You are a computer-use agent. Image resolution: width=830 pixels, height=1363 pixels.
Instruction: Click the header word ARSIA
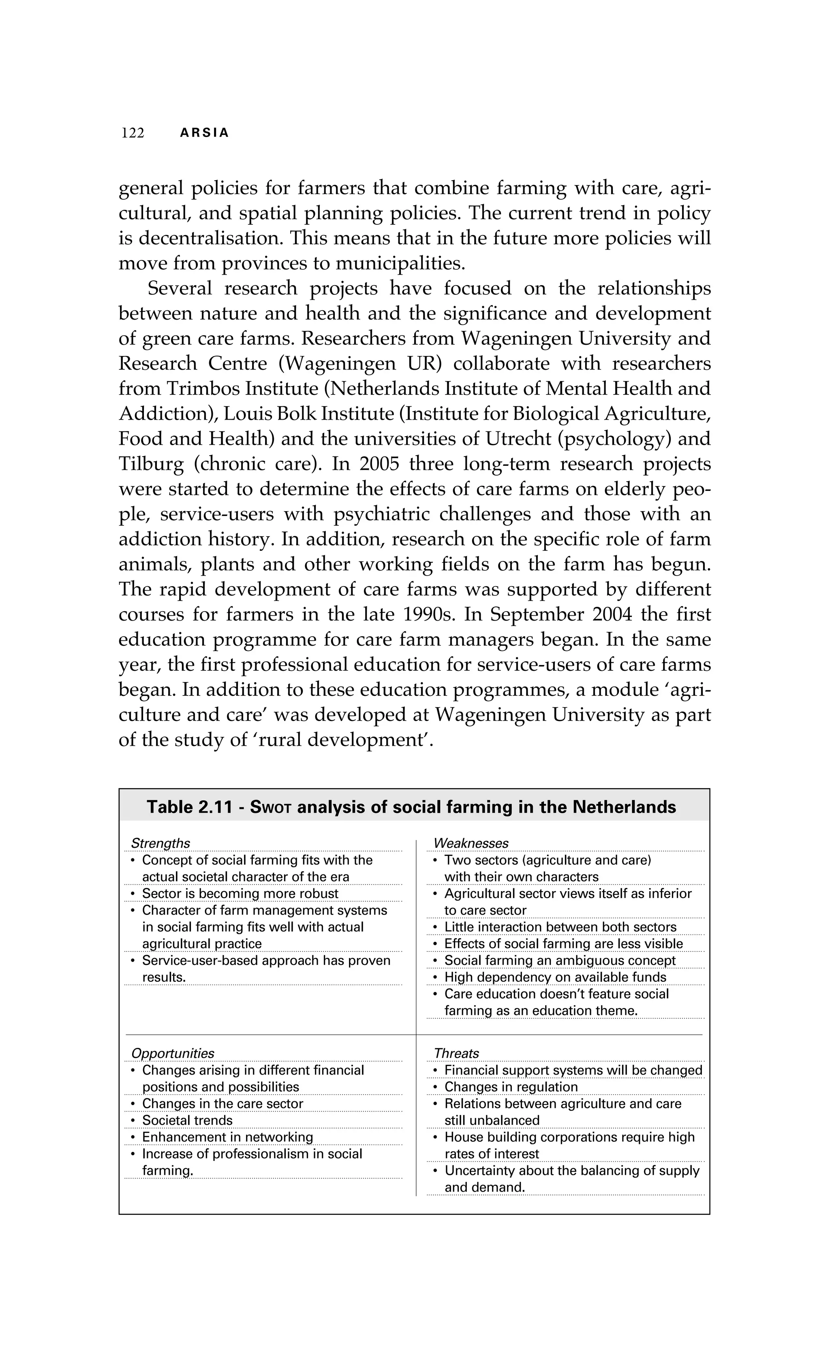click(x=204, y=133)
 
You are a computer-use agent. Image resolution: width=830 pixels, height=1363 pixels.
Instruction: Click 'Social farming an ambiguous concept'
click(x=560, y=960)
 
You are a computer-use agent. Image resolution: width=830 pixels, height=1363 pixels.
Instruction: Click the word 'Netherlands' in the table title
click(x=624, y=807)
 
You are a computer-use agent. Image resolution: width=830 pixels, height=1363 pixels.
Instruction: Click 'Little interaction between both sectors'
click(x=560, y=927)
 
